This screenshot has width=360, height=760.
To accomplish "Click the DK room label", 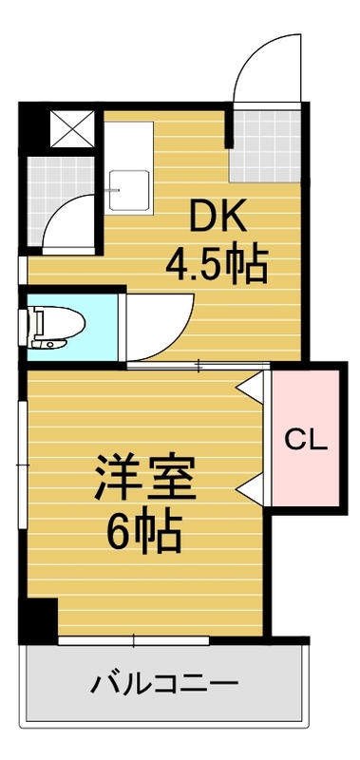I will pos(220,218).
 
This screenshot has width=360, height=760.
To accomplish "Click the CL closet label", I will pos(307,439).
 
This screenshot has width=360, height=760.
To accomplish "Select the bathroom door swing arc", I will pos(74,218).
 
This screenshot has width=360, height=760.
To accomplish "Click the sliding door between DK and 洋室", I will pos(199,364).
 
